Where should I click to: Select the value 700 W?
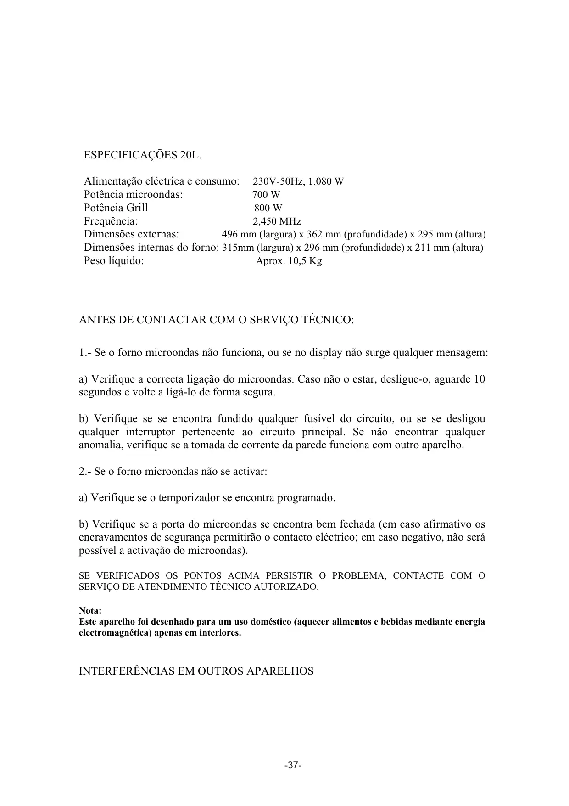pyautogui.click(x=266, y=195)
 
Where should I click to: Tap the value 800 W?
pyautogui.click(x=268, y=208)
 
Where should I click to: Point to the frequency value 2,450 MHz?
pyautogui.click(x=277, y=221)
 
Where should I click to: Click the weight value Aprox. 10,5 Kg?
pyautogui.click(x=289, y=261)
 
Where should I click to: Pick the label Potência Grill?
pyautogui.click(x=116, y=208)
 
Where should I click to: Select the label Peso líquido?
pyautogui.click(x=114, y=261)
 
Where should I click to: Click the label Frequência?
pyautogui.click(x=111, y=221)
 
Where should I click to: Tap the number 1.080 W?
pyautogui.click(x=325, y=181)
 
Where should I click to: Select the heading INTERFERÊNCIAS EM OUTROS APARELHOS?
pyautogui.click(x=196, y=671)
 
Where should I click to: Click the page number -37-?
pyautogui.click(x=293, y=766)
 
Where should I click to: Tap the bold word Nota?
pyautogui.click(x=90, y=611)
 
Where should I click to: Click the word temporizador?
pyautogui.click(x=189, y=498)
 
